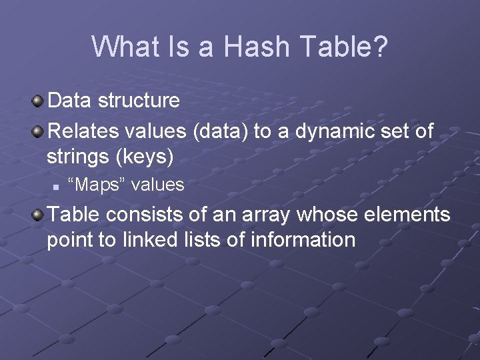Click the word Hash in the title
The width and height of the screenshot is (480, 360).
(257, 47)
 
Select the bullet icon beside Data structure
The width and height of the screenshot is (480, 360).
(39, 101)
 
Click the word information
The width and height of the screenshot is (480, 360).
(303, 240)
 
